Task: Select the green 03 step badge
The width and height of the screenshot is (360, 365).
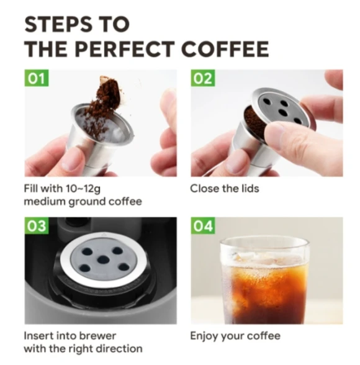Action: pos(37,226)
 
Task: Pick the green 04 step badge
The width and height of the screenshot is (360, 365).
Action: pos(203,226)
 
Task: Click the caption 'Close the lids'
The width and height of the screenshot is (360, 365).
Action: pos(224,188)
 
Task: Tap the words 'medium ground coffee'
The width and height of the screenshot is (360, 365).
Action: pos(83,201)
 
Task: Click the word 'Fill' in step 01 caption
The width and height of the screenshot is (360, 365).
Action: pos(32,188)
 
